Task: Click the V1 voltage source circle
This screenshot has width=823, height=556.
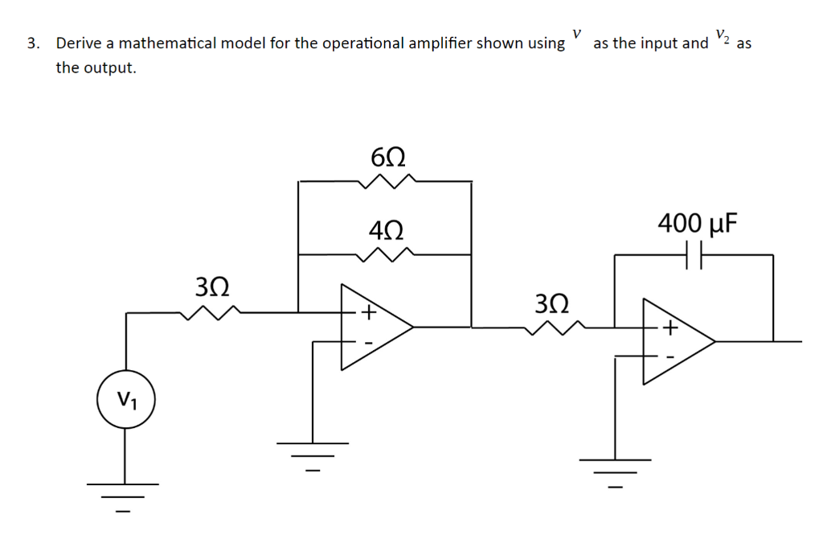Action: (125, 400)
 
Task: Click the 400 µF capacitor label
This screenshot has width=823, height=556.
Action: (696, 222)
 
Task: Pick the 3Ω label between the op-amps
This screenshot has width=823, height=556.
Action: (553, 303)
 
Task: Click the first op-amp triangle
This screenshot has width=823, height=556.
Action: (374, 327)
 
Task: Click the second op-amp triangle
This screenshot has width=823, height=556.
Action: (675, 341)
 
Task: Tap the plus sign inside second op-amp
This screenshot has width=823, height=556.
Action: (669, 328)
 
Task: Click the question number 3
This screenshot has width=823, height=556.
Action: (31, 43)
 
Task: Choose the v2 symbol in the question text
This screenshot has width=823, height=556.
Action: (723, 37)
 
